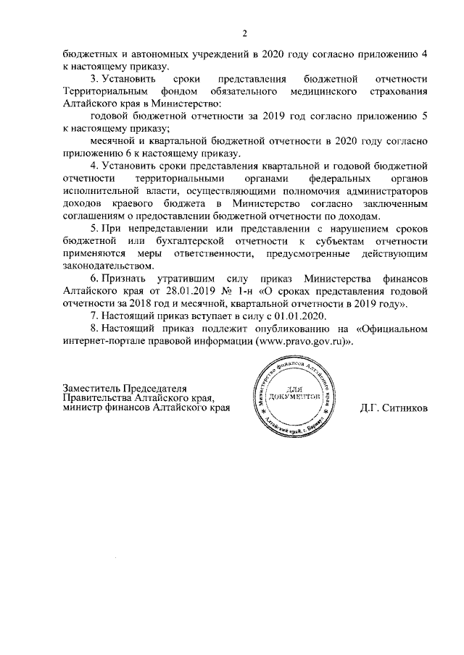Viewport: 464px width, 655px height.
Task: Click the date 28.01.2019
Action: point(178,292)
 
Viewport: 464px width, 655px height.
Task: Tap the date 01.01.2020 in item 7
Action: point(303,316)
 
